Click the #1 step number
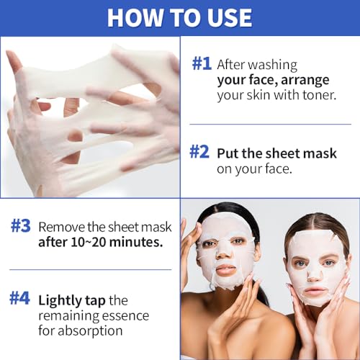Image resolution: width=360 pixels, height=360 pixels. pos(202,63)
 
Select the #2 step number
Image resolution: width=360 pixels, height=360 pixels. pos(199,152)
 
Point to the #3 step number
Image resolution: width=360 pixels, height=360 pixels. pos(21,226)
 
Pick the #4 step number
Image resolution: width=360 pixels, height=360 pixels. pos(19,298)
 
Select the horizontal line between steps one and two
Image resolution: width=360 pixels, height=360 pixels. pos(271,125)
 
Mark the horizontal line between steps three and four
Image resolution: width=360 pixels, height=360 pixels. pos(91,269)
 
